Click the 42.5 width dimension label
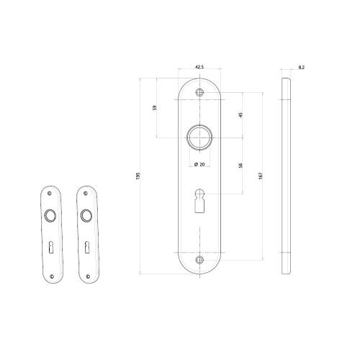point(199,67)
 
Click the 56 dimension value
point(240,166)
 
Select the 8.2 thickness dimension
point(300,67)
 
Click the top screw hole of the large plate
point(199,91)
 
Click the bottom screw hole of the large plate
point(199,259)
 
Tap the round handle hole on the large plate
point(199,137)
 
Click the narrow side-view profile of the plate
point(285,175)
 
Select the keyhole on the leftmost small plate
point(50,248)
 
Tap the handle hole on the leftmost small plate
point(50,215)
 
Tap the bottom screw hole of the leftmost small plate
point(50,272)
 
